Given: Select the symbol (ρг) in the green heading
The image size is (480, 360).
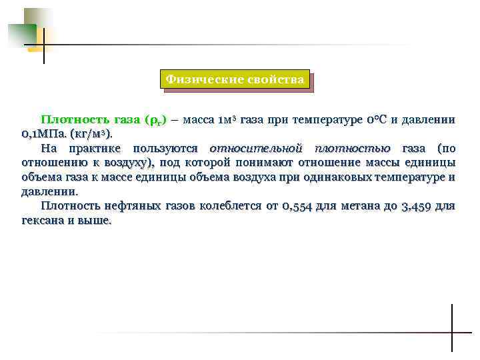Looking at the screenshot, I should pyautogui.click(x=154, y=120).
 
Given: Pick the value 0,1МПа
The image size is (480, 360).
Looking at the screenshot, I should pyautogui.click(x=45, y=134).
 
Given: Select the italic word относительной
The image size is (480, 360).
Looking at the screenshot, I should pyautogui.click(x=256, y=148).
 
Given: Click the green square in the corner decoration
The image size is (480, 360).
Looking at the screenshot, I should pyautogui.click(x=22, y=35).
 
